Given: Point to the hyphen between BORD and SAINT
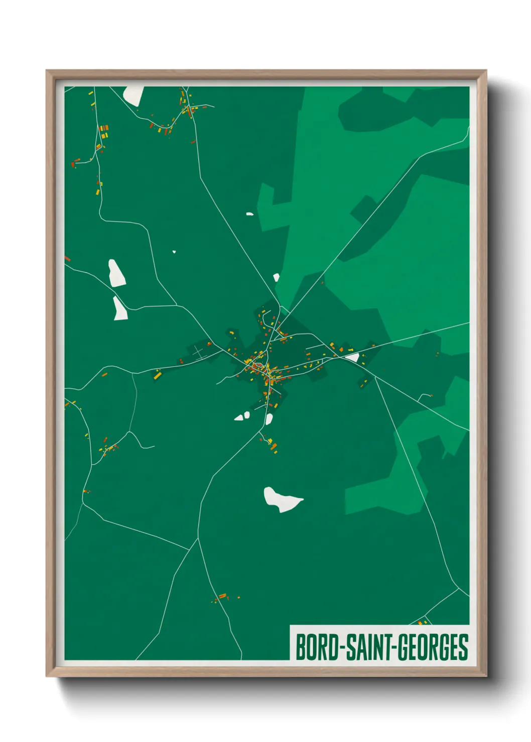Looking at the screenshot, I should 342,648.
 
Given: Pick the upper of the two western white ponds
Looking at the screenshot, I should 117,273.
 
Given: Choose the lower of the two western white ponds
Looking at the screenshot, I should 120,309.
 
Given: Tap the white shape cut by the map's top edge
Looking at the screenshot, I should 134,95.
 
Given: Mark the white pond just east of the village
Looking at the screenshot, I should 353,357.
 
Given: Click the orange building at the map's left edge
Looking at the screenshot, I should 67,259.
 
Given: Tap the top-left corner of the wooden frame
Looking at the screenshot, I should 47,71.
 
